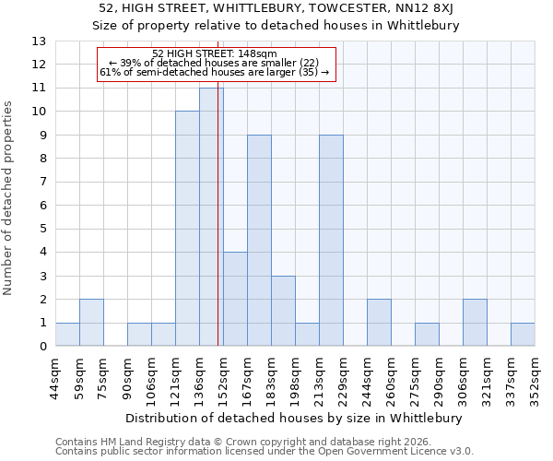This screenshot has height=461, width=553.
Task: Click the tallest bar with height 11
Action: [x=211, y=217]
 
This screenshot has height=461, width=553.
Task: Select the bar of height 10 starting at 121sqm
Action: [x=187, y=229]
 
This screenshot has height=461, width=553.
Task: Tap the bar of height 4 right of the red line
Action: [x=235, y=299]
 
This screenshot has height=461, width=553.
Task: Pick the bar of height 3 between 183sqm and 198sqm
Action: [x=283, y=311]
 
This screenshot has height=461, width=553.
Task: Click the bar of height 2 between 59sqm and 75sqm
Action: [x=91, y=323]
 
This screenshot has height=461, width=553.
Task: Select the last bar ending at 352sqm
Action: [x=523, y=335]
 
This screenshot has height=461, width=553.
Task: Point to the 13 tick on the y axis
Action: [x=39, y=41]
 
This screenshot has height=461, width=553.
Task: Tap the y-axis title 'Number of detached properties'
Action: [x=9, y=199]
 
